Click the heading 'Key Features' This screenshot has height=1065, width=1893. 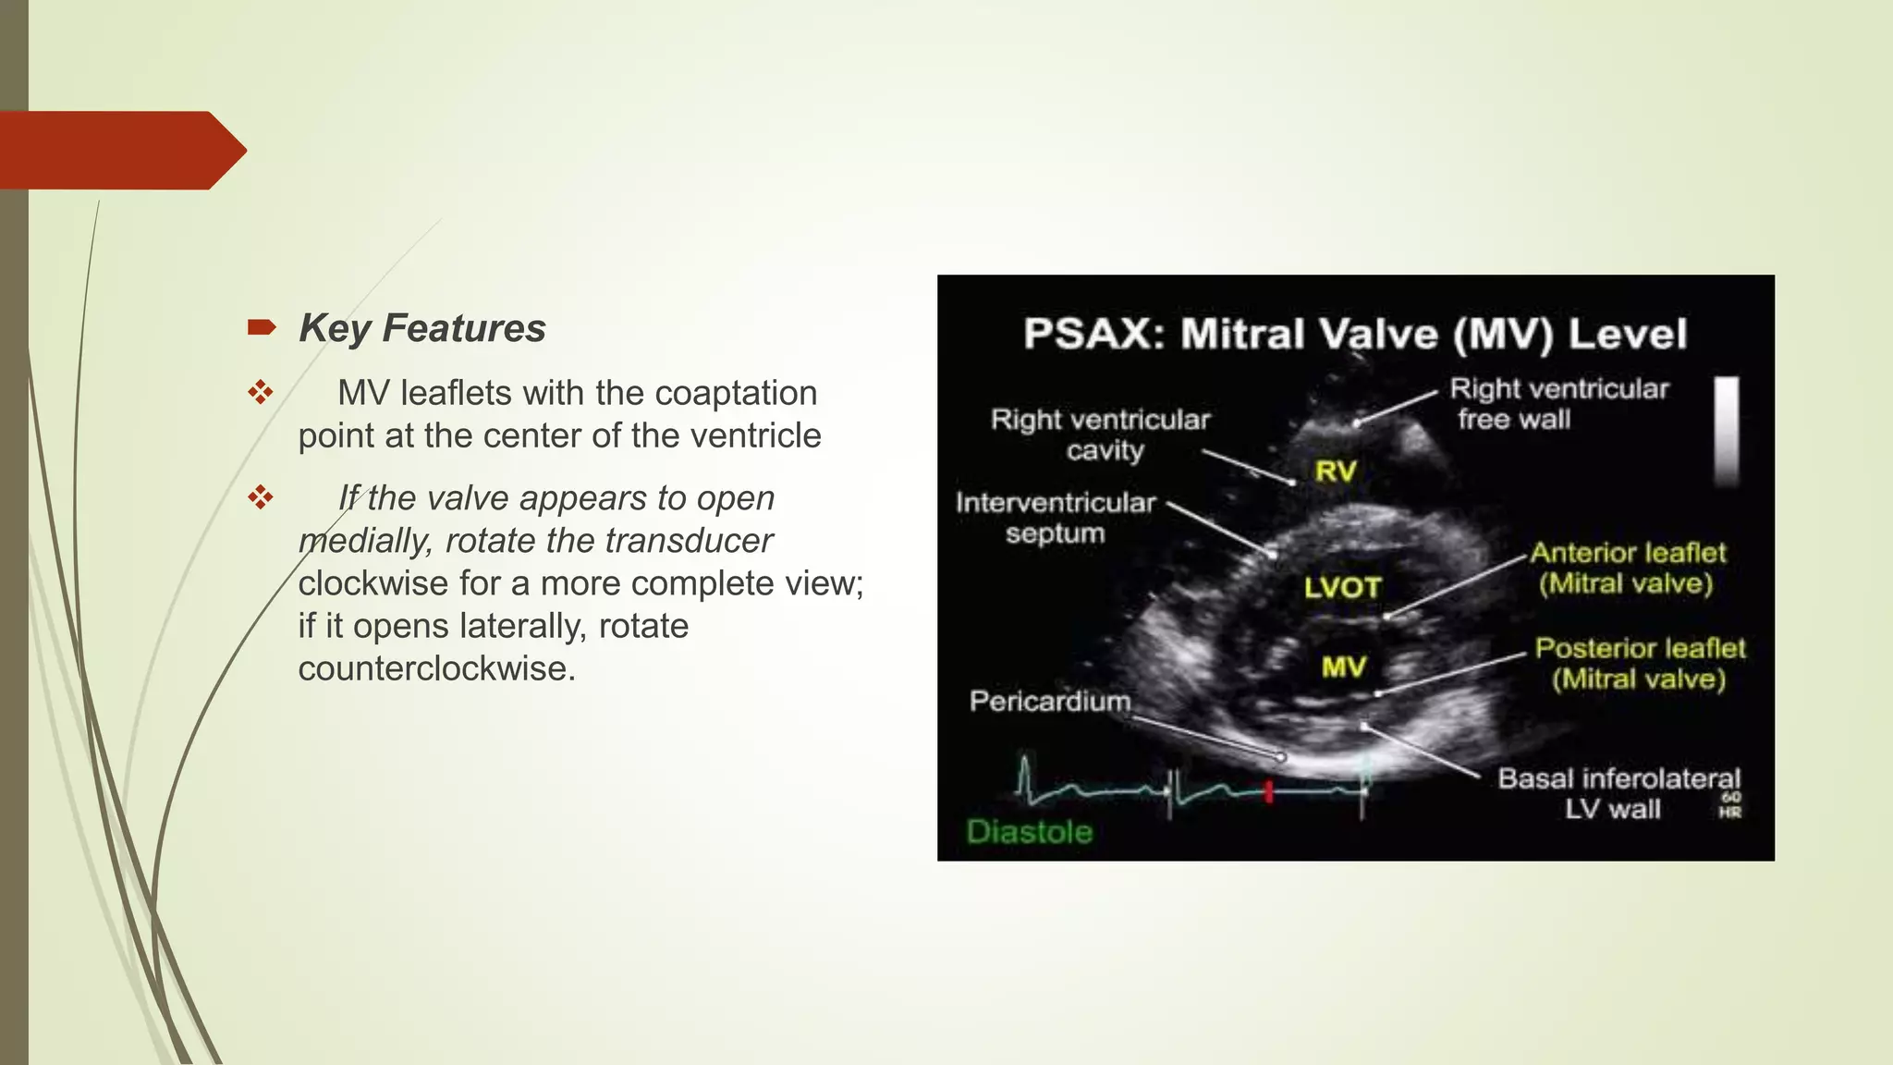422,328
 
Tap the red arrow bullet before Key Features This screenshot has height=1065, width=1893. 262,327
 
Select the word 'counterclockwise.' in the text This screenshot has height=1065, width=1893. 436,668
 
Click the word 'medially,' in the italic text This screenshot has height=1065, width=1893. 366,541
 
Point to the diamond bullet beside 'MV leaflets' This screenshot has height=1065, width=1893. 261,393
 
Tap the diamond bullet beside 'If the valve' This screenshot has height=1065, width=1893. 261,498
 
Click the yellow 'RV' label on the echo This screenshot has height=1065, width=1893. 1336,471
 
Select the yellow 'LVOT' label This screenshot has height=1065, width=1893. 1342,587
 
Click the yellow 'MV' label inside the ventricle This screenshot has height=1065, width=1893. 1343,667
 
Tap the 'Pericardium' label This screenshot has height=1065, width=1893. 1050,702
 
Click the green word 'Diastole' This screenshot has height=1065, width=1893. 1030,832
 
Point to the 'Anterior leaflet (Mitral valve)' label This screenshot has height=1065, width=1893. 1627,568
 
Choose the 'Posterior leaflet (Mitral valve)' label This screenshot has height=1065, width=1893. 1640,664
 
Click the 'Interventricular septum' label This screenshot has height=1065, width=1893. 1056,518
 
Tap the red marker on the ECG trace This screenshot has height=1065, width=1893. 1269,791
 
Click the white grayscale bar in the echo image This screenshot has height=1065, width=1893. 1727,431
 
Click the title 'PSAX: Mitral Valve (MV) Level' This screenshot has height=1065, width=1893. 1355,334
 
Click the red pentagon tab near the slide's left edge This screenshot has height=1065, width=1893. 120,151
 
